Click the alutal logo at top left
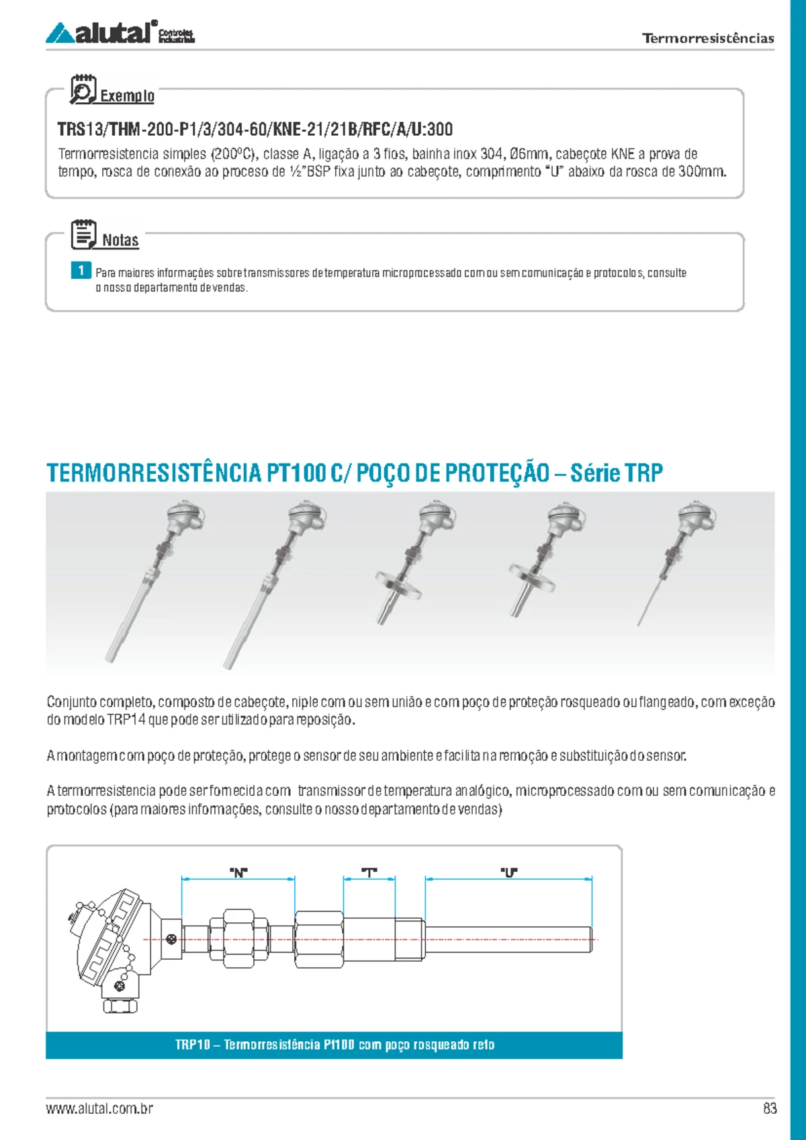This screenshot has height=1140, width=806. coord(120,32)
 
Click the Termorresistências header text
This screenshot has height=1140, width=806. coord(707,38)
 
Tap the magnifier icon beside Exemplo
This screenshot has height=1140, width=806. coord(83,89)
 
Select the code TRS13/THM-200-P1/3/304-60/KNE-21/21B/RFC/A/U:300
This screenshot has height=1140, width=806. coord(255,129)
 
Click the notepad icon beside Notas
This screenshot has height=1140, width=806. coord(84,235)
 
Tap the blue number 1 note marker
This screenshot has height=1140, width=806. coord(81,270)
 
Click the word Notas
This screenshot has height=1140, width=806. coord(120,240)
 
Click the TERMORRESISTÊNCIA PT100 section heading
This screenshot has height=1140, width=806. coord(354,473)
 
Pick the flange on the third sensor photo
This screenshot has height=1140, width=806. coord(398,585)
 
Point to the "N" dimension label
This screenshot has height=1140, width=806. coord(238,872)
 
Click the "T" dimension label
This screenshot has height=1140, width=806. coord(369,872)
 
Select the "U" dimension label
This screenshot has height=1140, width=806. coord(508,872)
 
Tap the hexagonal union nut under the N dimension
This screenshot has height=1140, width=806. coord(238,938)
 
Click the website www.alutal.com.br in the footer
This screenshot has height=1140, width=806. coord(99,1108)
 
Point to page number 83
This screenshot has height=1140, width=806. coord(770,1108)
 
